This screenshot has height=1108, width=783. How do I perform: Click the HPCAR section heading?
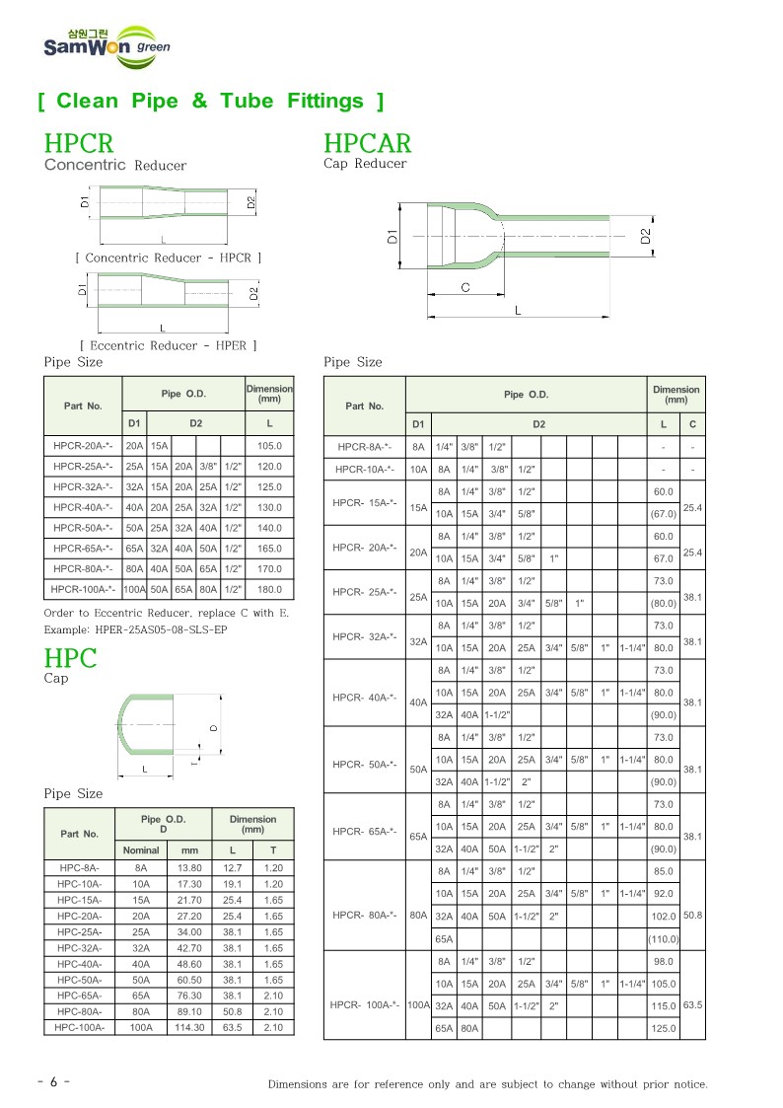(x=367, y=144)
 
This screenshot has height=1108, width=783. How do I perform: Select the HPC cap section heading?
(x=71, y=658)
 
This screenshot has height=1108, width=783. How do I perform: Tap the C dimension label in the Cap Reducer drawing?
(x=464, y=287)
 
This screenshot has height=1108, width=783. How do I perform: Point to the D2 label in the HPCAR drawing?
(x=646, y=237)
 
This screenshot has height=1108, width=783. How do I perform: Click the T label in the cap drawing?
(x=195, y=760)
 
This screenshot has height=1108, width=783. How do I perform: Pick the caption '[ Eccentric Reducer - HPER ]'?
(x=168, y=345)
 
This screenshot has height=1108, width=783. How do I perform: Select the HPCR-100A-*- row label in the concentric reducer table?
(x=83, y=589)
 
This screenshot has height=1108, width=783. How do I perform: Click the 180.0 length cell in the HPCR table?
(x=269, y=589)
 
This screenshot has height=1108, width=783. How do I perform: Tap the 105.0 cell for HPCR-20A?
(x=269, y=446)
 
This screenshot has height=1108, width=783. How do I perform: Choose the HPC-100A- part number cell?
(x=80, y=1027)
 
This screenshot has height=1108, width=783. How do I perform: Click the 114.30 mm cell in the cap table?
(x=189, y=1027)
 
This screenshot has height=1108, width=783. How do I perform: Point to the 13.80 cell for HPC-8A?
(x=189, y=868)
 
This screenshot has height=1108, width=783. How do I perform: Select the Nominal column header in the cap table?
(x=141, y=849)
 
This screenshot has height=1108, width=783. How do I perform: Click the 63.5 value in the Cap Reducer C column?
(x=692, y=1005)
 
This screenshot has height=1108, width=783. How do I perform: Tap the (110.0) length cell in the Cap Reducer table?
(x=663, y=938)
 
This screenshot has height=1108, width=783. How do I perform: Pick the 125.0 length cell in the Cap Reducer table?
(x=663, y=1028)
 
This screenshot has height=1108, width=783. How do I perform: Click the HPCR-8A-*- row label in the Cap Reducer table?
(x=364, y=447)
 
